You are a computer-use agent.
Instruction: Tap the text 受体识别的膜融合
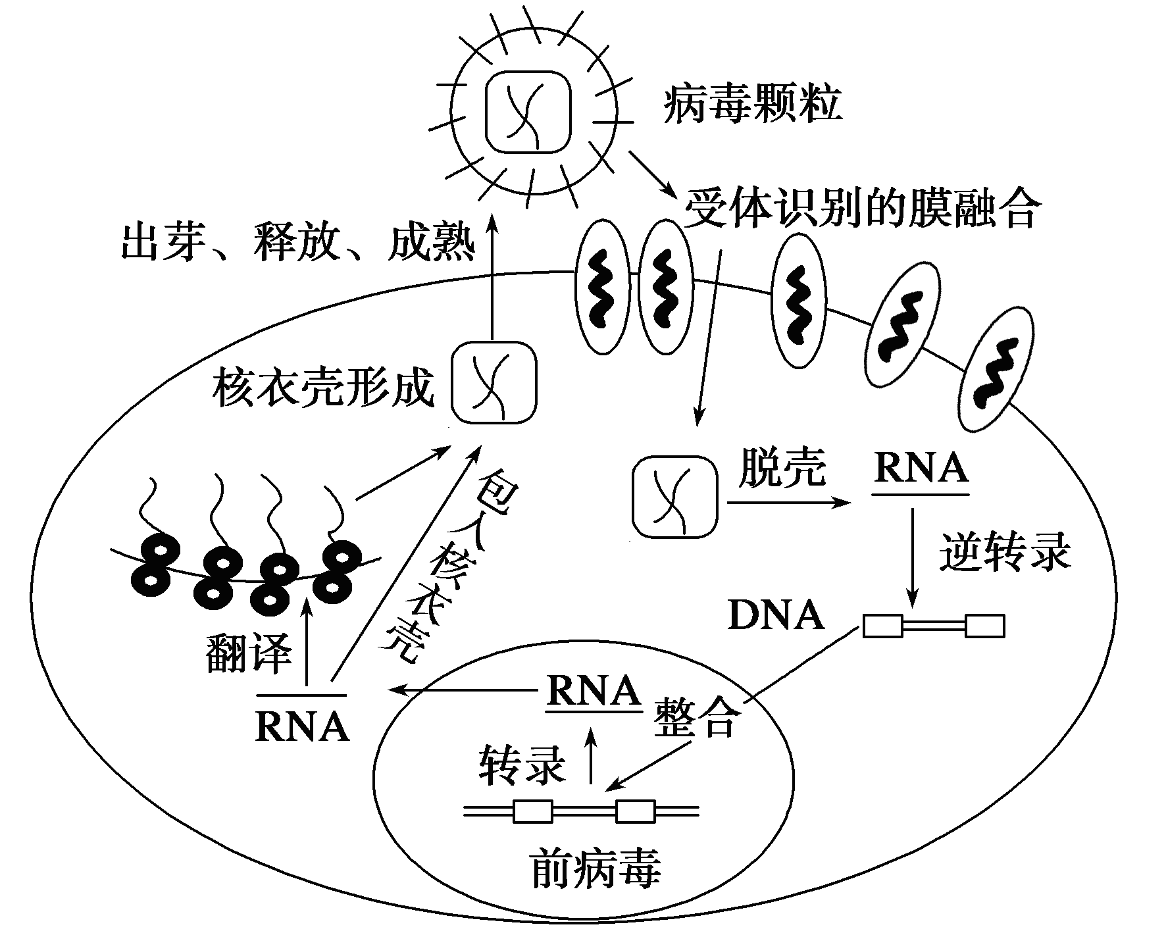[x=863, y=207]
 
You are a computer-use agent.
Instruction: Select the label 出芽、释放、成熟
[x=298, y=243]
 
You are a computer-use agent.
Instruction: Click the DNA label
[x=776, y=616]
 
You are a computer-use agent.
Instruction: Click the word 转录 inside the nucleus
[x=522, y=764]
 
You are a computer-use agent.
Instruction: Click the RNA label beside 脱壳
[x=921, y=468]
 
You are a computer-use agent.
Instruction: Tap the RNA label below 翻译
[x=302, y=724]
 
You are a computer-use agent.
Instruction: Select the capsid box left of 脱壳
[x=674, y=496]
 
